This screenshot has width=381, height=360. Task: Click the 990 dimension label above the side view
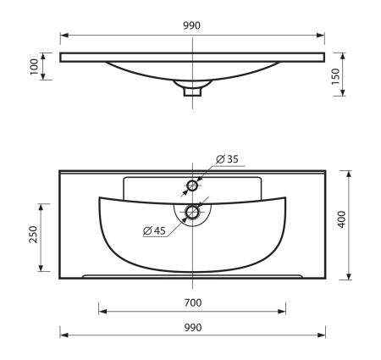192,25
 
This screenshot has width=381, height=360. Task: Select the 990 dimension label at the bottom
193,328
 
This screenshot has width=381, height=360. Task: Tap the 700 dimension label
193,303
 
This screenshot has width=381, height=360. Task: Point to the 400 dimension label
342,219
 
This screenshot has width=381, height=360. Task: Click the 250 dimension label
33,234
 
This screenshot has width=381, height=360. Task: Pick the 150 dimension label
335,76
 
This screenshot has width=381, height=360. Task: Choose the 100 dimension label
34,67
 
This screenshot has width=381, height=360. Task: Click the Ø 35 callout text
227,159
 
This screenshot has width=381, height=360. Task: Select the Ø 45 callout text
154,230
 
